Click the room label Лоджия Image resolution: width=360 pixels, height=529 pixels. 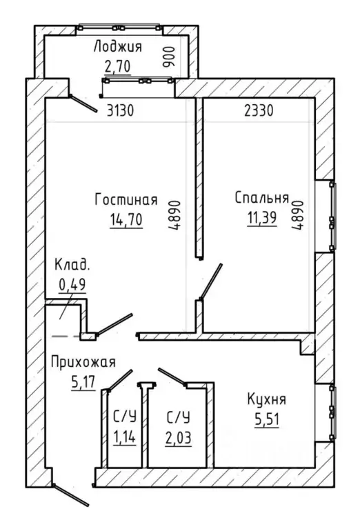(x=118, y=47)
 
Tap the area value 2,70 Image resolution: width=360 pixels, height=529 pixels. (x=117, y=66)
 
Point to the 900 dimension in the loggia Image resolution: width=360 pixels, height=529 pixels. (x=170, y=57)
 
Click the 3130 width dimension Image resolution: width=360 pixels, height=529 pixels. (x=120, y=110)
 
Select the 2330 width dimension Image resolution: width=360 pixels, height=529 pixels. (x=259, y=110)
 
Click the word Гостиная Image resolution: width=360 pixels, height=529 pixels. (x=126, y=199)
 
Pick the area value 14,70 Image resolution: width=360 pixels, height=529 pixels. (x=126, y=219)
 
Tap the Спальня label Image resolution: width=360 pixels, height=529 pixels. (x=262, y=198)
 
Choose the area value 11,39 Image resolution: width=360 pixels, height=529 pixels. (x=262, y=218)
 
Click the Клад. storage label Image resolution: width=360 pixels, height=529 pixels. (x=72, y=265)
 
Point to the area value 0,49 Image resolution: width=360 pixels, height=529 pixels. (x=72, y=284)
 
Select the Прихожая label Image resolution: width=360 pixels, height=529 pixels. (x=83, y=362)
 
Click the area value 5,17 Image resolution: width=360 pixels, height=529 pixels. (x=83, y=382)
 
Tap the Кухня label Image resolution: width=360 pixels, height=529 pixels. (x=266, y=399)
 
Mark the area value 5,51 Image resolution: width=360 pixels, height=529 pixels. (x=266, y=420)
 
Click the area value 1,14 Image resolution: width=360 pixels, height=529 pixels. (x=125, y=437)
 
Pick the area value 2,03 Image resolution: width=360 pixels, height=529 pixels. (x=178, y=438)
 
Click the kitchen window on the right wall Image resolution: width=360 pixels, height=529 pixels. (x=332, y=412)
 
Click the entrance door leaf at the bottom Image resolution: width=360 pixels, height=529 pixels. (x=71, y=496)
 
